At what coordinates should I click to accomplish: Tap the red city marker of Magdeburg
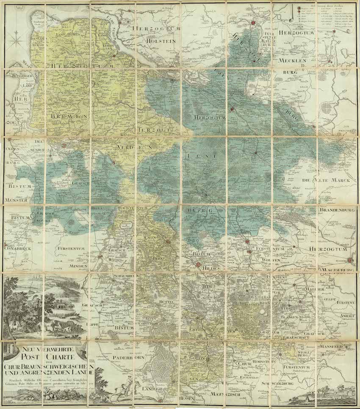(x=350, y=261)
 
